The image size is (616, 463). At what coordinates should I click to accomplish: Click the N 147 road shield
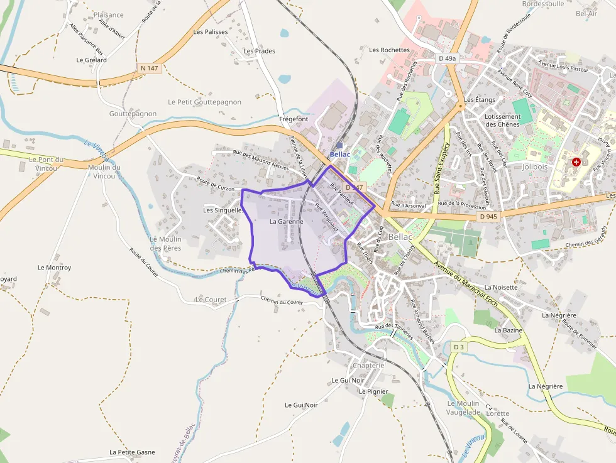(x=150, y=68)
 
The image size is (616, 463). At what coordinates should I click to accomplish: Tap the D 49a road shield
(x=447, y=58)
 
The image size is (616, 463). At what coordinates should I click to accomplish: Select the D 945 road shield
(x=488, y=216)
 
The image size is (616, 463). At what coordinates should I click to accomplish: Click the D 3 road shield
(x=459, y=347)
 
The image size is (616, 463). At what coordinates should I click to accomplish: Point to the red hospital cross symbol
(x=576, y=162)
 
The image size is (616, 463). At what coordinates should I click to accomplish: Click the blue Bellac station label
(x=340, y=154)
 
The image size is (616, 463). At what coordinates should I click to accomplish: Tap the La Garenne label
(x=287, y=222)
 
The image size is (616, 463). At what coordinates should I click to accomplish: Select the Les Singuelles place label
(x=223, y=210)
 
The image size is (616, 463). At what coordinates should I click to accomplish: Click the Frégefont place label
(x=294, y=119)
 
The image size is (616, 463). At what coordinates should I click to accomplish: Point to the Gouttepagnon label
(x=133, y=114)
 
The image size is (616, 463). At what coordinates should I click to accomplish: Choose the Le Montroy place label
(x=55, y=268)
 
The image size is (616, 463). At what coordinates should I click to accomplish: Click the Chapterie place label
(x=368, y=366)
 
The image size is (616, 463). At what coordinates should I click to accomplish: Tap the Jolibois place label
(x=536, y=167)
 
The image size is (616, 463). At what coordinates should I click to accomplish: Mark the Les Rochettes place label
(x=390, y=50)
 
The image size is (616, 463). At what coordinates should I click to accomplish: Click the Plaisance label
(x=109, y=14)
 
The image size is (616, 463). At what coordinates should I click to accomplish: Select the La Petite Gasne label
(x=132, y=452)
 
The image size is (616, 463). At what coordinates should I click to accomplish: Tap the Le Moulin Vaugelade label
(x=463, y=407)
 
